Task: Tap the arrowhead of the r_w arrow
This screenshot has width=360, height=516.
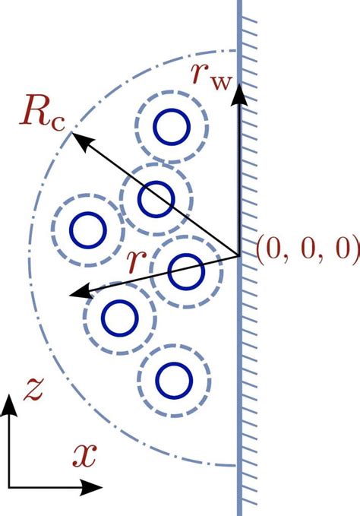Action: click(239, 91)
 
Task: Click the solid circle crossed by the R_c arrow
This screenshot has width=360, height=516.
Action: click(156, 198)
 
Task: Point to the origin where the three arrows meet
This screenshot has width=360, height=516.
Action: click(239, 255)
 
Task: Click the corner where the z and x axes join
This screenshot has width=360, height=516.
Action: click(10, 484)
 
